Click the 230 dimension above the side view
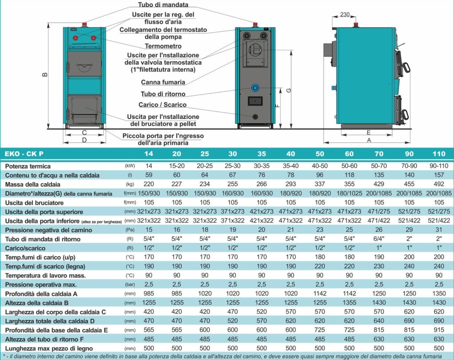pyautogui.click(x=344, y=15)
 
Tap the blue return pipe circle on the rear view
pyautogui.click(x=255, y=87)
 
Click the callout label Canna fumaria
pyautogui.click(x=163, y=82)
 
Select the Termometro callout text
pyautogui.click(x=163, y=46)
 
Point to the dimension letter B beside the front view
pyautogui.click(x=45, y=75)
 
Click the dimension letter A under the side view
pyautogui.click(x=369, y=140)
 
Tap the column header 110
pyautogui.click(x=438, y=154)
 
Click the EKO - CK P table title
pyautogui.click(x=24, y=154)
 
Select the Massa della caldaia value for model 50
pyautogui.click(x=320, y=184)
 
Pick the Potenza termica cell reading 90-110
pyautogui.click(x=439, y=166)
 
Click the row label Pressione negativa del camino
pyautogui.click(x=49, y=230)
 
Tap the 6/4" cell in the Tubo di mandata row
pyautogui.click(x=379, y=239)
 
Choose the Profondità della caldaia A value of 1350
pyautogui.click(x=439, y=293)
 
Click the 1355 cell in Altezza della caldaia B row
pyautogui.click(x=349, y=303)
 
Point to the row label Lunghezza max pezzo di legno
pyautogui.click(x=49, y=348)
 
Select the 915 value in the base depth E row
pyautogui.click(x=439, y=330)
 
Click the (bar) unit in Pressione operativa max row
pyautogui.click(x=130, y=285)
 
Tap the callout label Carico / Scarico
pyautogui.click(x=162, y=105)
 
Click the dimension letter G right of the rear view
pyautogui.click(x=289, y=90)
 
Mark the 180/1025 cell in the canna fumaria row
pyautogui.click(x=349, y=193)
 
